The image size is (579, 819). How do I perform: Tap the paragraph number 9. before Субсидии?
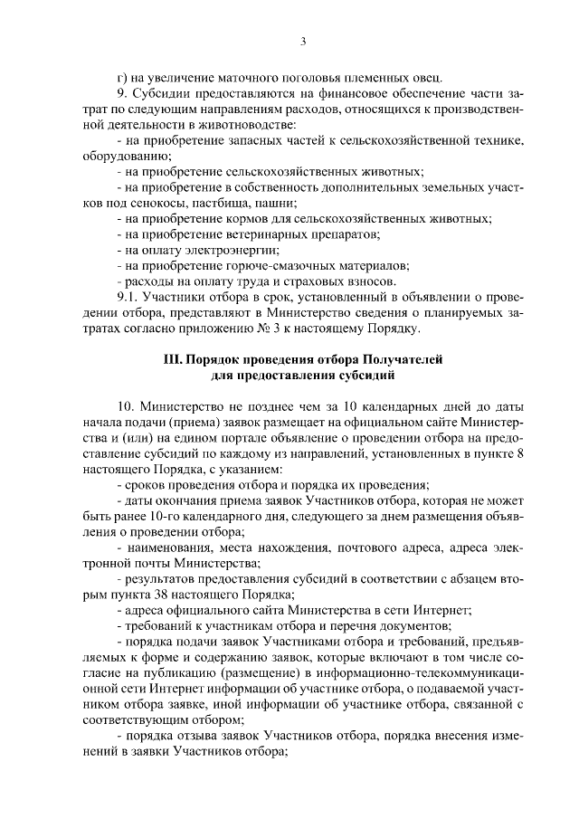(x=123, y=94)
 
